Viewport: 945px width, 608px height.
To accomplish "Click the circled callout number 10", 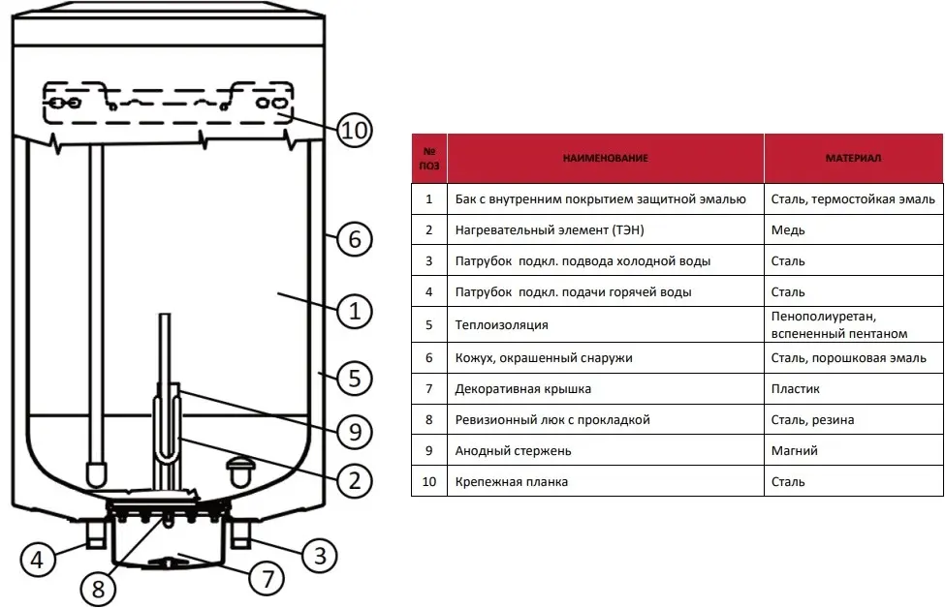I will click(x=355, y=131).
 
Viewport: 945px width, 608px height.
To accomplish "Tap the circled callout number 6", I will click(x=355, y=238).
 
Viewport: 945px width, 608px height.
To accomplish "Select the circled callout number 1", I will click(x=355, y=311).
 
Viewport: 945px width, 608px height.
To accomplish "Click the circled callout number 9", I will click(x=355, y=432).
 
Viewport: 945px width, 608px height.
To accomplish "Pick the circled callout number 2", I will click(x=355, y=479).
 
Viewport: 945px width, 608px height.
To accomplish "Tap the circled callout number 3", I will click(x=319, y=554).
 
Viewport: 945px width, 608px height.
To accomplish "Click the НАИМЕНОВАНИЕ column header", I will click(x=605, y=158).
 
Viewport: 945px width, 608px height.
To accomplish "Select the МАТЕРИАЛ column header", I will click(x=853, y=158).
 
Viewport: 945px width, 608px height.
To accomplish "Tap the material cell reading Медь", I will click(x=788, y=230).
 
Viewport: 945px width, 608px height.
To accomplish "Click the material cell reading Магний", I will click(x=795, y=450).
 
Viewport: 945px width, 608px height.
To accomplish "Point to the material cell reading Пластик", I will click(x=796, y=388).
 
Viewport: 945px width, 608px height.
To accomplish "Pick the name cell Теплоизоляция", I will click(x=501, y=325).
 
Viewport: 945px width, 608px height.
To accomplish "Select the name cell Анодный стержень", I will click(x=513, y=450).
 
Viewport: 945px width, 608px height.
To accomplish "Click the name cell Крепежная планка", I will click(x=511, y=481).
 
